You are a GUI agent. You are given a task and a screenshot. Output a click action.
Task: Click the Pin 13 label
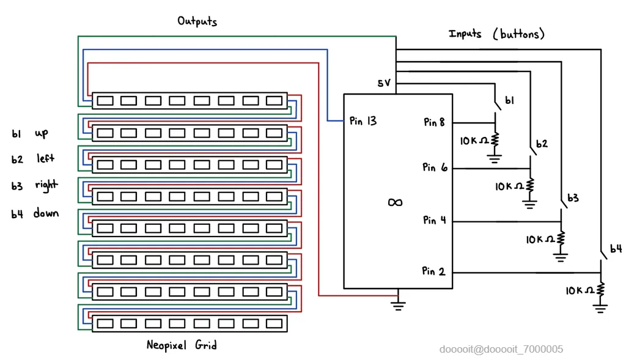[x=363, y=121]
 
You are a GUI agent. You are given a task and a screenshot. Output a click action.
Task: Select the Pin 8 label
[x=434, y=122]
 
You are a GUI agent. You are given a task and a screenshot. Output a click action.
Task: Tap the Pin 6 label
[x=433, y=167]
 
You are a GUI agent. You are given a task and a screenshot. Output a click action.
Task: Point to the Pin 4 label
[x=433, y=220]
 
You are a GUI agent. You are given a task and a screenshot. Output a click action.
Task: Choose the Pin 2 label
[x=433, y=271]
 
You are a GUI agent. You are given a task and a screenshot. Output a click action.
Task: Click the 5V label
[x=384, y=83]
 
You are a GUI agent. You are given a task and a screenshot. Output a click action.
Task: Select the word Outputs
[x=197, y=21]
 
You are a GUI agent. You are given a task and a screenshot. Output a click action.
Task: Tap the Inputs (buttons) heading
[x=496, y=34]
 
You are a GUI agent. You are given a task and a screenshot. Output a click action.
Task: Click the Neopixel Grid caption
[x=182, y=345]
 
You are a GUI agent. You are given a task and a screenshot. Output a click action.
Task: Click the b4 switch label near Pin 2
[x=616, y=249]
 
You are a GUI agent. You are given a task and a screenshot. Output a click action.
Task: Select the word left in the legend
[x=45, y=159]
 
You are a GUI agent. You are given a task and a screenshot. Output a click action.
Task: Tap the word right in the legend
[x=46, y=185]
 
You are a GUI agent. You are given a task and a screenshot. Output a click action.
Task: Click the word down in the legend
[x=46, y=213]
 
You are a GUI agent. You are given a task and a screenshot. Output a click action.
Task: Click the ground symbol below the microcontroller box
[x=399, y=304]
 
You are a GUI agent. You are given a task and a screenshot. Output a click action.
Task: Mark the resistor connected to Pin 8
[x=495, y=140]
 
